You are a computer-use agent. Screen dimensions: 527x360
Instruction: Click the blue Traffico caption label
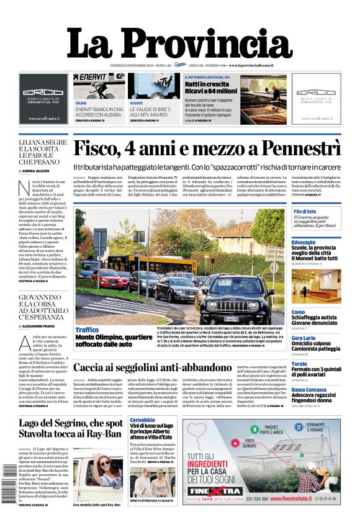click(87, 330)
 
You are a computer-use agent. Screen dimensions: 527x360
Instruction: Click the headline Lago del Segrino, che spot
click(70, 428)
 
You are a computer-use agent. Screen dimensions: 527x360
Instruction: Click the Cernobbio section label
click(143, 420)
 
